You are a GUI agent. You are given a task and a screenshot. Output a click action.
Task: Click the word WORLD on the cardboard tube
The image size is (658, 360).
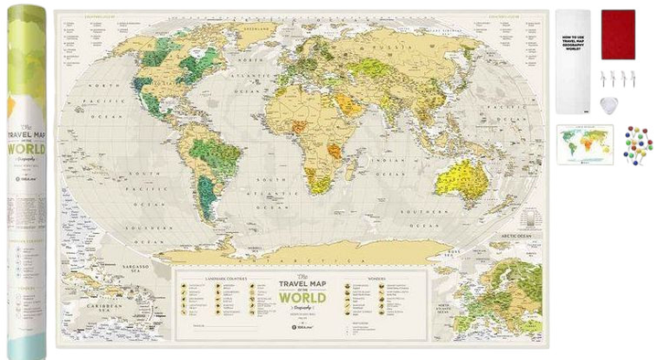point(27,149)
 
